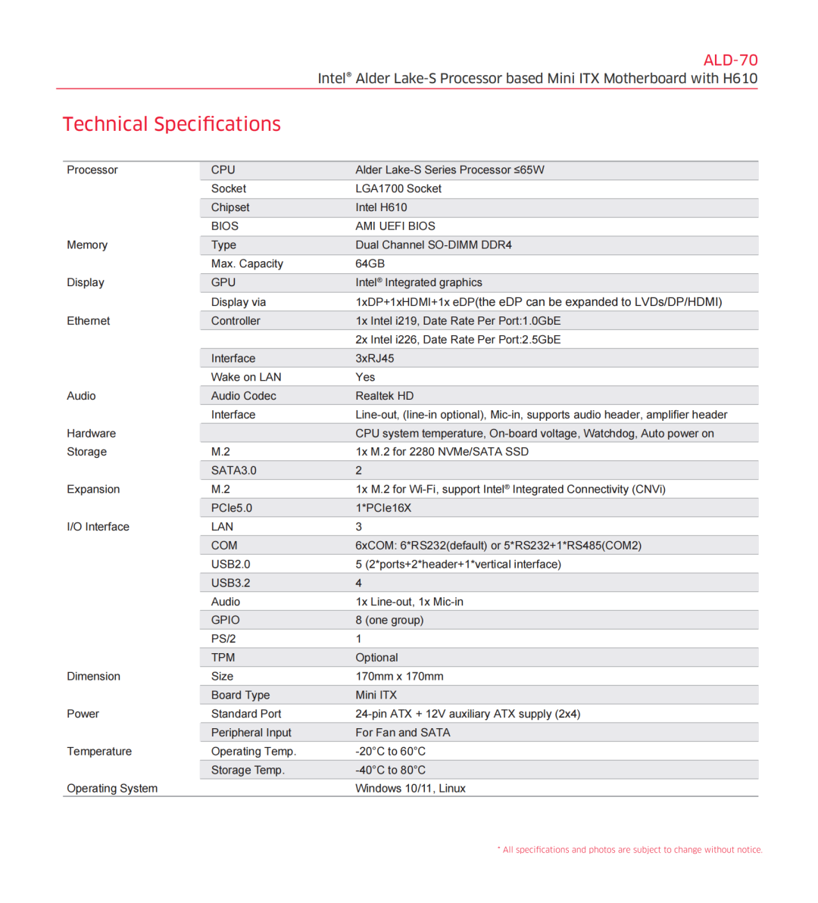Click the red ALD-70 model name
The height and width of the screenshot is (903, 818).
[x=730, y=61]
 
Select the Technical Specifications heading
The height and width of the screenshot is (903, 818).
[x=172, y=124]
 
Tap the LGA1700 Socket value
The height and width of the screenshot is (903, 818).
[x=398, y=188]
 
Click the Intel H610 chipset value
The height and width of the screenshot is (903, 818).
[x=381, y=207]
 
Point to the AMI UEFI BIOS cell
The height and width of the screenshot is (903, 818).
[x=395, y=226]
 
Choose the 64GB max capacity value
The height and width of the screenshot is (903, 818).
[x=370, y=263]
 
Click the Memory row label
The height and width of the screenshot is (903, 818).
[x=87, y=245]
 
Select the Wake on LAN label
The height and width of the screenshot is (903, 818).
[x=246, y=377]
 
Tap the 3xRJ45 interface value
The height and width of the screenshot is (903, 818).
[x=375, y=358]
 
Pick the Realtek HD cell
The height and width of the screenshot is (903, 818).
[x=385, y=396]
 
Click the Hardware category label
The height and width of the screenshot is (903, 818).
[x=92, y=434]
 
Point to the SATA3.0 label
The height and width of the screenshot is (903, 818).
[x=234, y=470]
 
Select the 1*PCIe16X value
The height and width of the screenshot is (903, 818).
[x=383, y=508]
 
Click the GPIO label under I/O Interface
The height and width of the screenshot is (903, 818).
[x=226, y=620]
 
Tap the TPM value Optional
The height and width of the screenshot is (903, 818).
[x=376, y=658]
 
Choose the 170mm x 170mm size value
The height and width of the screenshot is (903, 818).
[x=399, y=677]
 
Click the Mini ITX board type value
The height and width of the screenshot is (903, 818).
[x=376, y=695]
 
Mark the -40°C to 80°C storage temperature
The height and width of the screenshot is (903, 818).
[x=390, y=770]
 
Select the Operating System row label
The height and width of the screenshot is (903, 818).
[x=112, y=789]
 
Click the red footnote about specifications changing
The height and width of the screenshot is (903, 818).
[x=629, y=850]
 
